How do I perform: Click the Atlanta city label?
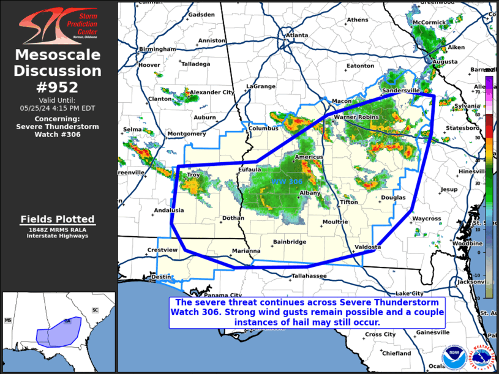coord(297,36)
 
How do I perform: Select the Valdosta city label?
coord(368,247)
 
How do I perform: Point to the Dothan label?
coord(233,217)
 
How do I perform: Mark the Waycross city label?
coord(426,219)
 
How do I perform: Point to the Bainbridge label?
coord(290,242)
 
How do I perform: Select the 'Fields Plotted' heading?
coord(58,219)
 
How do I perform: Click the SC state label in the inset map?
coord(95,310)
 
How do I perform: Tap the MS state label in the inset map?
coord(8,320)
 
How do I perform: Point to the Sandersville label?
coord(401,90)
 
